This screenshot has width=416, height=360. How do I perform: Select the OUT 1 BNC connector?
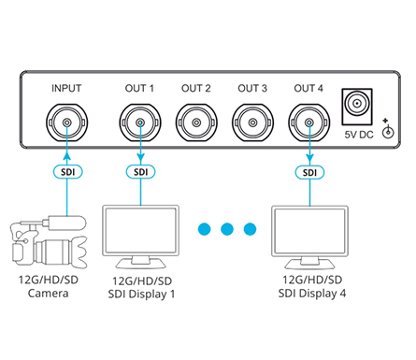tap(139, 120)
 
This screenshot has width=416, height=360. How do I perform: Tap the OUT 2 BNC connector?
tap(195, 120)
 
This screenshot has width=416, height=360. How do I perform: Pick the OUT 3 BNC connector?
tap(252, 120)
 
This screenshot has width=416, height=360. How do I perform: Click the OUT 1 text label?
tap(139, 89)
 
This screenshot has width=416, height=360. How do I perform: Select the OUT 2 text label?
tap(195, 89)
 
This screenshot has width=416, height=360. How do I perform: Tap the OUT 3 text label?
tap(252, 89)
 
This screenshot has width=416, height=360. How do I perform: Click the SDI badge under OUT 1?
tap(139, 172)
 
